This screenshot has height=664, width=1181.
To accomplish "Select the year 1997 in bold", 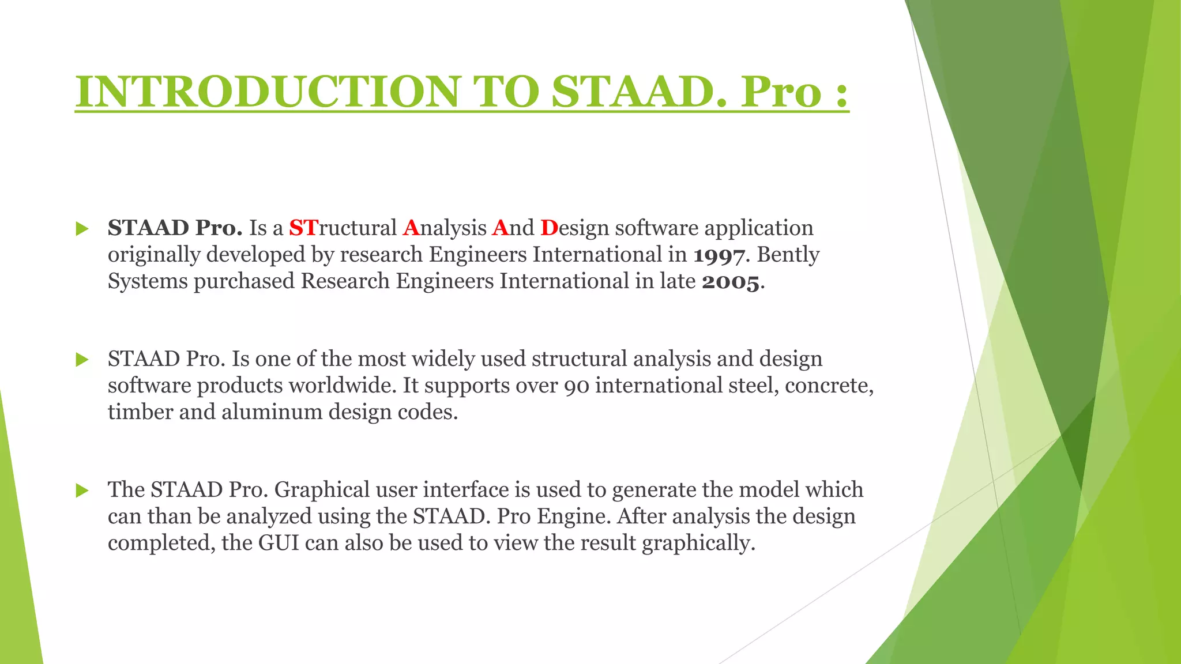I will pos(718,255).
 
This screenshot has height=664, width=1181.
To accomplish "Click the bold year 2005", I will pos(731,282).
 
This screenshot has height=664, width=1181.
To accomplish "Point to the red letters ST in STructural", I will pos(303,228).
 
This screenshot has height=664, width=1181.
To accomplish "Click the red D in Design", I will pos(549,228).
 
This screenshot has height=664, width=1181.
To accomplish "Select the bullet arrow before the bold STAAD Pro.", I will pos(82,229).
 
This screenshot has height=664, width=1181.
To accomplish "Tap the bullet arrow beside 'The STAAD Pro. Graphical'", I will pos(82,491).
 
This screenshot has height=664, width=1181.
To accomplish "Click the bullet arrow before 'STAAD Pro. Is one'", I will pos(82,360).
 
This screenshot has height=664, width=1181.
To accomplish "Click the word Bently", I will pos(788,255).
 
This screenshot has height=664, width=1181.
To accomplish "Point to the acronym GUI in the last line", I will pos(279,543).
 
